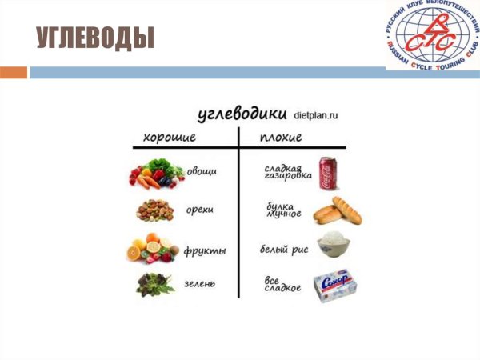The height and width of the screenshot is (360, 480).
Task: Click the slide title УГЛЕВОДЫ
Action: coord(94,38)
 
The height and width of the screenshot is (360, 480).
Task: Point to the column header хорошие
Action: coord(170,137)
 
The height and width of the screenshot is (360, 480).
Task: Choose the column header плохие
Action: coord(281,137)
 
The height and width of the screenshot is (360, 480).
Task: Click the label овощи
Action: coord(202,171)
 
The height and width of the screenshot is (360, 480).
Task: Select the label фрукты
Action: coord(204,250)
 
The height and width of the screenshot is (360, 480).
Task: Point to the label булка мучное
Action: coord(284,210)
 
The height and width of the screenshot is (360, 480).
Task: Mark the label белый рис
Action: coord(285,250)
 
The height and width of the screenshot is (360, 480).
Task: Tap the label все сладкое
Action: coord(282,284)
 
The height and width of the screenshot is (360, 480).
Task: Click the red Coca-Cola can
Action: coord(328,173)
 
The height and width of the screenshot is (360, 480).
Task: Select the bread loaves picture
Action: coord(337,211)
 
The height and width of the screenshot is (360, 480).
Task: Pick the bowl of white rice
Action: coord(336,245)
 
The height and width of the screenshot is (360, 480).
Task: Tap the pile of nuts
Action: coord(154,210)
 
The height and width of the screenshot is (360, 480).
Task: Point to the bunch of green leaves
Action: coord(154,284)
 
